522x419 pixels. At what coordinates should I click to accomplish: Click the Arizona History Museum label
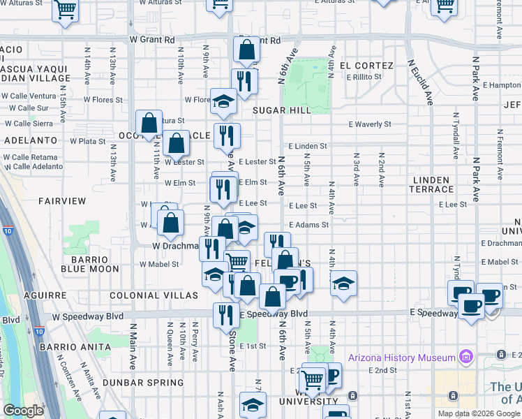pyautogui.click(x=408, y=358)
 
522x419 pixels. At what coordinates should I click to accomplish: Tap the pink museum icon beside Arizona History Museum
pyautogui.click(x=466, y=358)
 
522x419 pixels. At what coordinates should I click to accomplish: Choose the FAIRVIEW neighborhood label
pyautogui.click(x=62, y=201)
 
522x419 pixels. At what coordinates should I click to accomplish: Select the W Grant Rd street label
pyautogui.click(x=151, y=41)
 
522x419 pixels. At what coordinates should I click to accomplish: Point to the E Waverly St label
pyautogui.click(x=371, y=124)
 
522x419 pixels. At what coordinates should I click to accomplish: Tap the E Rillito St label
pyautogui.click(x=368, y=77)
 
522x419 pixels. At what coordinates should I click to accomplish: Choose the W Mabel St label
pyautogui.click(x=160, y=264)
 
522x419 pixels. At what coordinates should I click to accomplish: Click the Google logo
pyautogui.click(x=23, y=411)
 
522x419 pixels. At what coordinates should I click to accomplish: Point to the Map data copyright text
pyautogui.click(x=478, y=413)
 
